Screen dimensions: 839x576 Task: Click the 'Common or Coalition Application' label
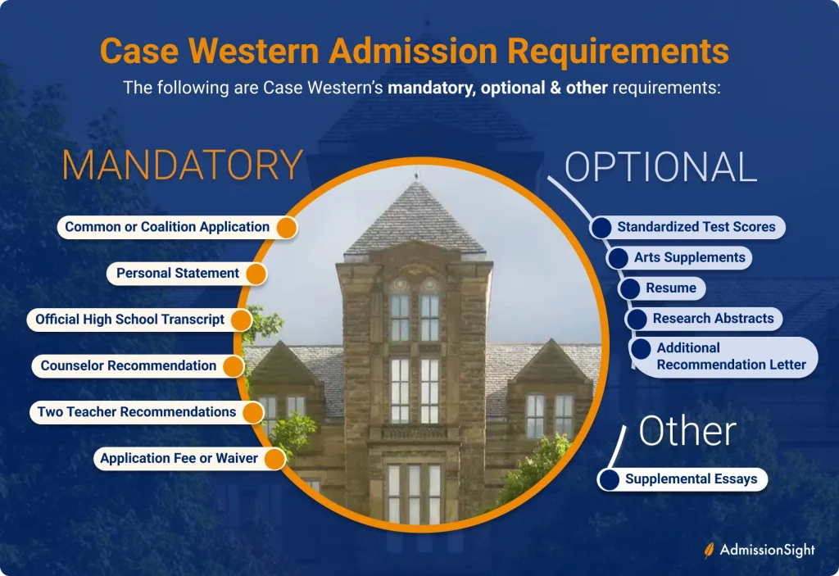point(167,227)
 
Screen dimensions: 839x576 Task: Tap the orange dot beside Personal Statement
point(256,274)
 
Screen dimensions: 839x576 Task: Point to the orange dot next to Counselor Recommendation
point(234,366)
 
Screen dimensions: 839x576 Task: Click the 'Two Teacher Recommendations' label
point(137,411)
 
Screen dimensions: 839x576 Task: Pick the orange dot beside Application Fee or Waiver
point(275,459)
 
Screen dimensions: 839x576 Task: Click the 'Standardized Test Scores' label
point(696,227)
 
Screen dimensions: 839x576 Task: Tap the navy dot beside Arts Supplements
point(618,258)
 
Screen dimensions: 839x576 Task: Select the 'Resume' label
point(671,288)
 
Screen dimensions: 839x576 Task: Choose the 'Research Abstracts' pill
point(704,319)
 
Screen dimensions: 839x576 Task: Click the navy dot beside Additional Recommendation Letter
point(641,349)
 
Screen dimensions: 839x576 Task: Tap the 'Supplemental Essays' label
point(692,478)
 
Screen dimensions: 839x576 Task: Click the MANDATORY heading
point(183,165)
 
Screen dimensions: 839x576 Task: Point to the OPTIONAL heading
point(661,166)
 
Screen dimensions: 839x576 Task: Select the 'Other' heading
point(687,431)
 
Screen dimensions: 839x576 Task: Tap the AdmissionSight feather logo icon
point(709,551)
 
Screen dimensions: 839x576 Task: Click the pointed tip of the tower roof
point(416,175)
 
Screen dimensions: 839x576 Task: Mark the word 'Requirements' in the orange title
point(618,52)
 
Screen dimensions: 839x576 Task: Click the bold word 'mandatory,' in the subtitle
point(432,88)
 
